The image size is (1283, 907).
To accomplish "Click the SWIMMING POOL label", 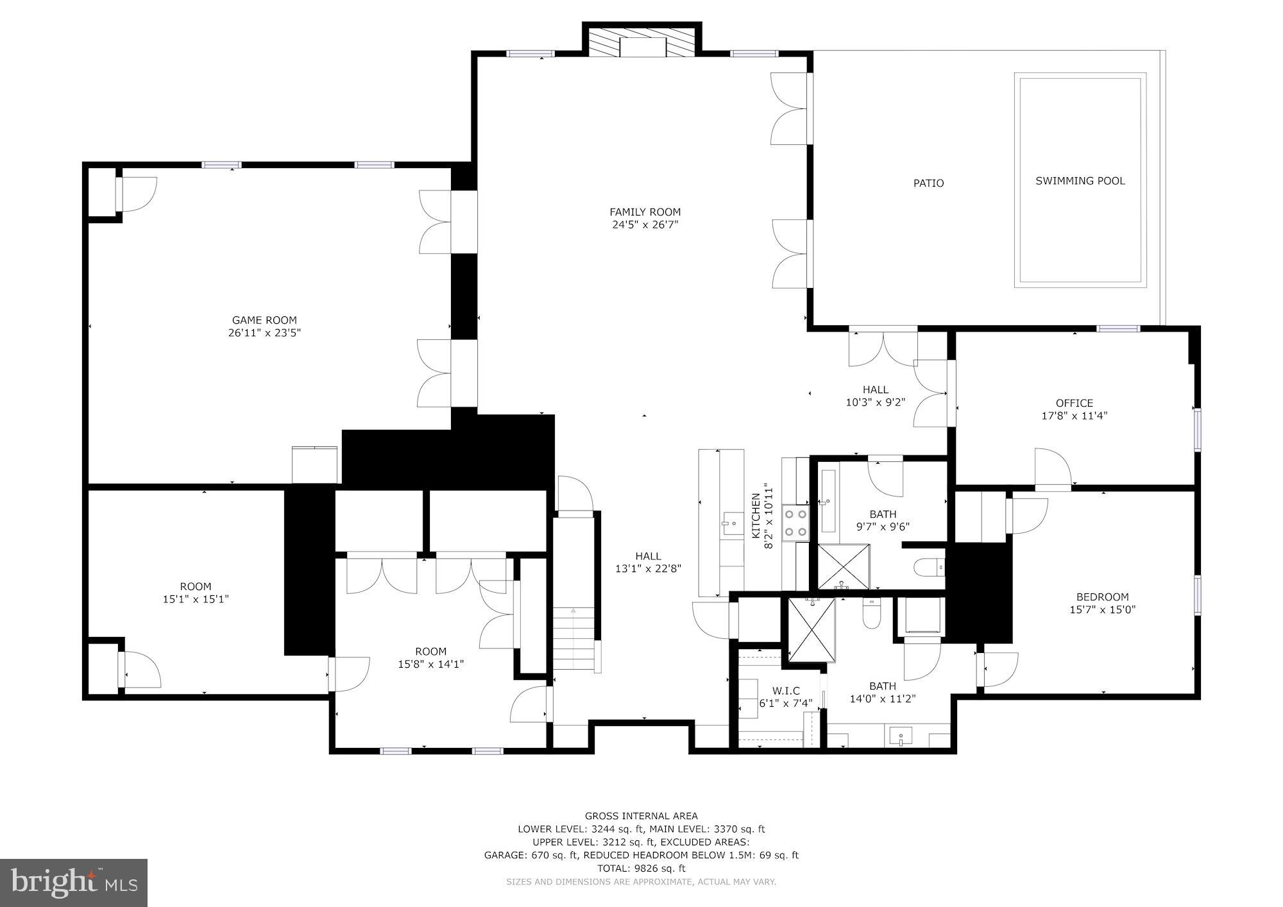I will tap(1080, 181).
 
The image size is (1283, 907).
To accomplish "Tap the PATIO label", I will tap(928, 183).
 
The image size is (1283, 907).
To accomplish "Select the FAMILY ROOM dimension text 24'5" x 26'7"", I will tap(645, 225).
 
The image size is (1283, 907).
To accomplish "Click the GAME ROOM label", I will tap(264, 320).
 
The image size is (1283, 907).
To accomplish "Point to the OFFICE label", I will tap(1074, 403).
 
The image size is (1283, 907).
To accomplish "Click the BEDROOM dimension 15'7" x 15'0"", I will tap(1102, 610).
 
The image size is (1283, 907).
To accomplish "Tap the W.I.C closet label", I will tap(786, 691).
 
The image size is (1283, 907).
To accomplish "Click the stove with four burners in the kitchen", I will tap(795, 523).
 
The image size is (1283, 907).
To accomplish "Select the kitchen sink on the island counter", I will tap(729, 524).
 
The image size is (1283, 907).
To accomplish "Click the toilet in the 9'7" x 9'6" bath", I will tap(929, 567).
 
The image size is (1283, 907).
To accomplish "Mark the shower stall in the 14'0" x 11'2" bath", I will tap(811, 629).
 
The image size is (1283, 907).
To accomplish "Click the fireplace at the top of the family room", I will tap(642, 45).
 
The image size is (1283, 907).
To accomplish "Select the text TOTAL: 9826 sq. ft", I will tap(641, 869).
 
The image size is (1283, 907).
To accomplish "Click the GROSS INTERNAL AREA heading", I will tap(641, 816).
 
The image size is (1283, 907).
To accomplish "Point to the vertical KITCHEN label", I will tap(756, 515).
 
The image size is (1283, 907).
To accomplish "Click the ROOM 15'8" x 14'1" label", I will tap(430, 652).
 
